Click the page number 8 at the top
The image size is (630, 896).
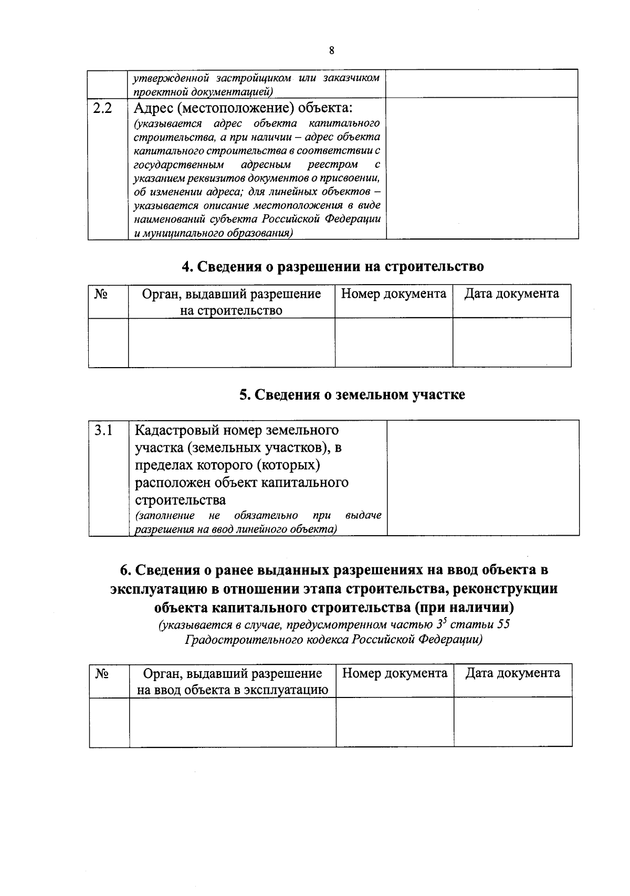pyautogui.click(x=331, y=51)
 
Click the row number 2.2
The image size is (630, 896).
pyautogui.click(x=102, y=109)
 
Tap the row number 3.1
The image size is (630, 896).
pyautogui.click(x=103, y=430)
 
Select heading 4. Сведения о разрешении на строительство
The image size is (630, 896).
pyautogui.click(x=332, y=266)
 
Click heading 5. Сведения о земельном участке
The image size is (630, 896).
pyautogui.click(x=352, y=394)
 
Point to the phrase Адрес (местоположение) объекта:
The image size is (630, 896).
pyautogui.click(x=243, y=108)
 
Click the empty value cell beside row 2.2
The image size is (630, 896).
pyautogui.click(x=482, y=168)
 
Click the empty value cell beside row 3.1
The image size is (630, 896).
pyautogui.click(x=483, y=477)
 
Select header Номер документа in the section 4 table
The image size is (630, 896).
pyautogui.click(x=394, y=294)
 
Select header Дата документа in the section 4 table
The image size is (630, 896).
pyautogui.click(x=511, y=294)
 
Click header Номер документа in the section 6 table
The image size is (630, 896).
pyautogui.click(x=395, y=673)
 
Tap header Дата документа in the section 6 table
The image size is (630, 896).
pyautogui.click(x=512, y=673)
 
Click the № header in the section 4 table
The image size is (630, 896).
pyautogui.click(x=101, y=294)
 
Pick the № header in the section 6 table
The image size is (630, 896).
pyautogui.click(x=102, y=674)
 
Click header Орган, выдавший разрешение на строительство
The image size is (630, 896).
pyautogui.click(x=232, y=302)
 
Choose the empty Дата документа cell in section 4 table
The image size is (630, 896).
pyautogui.click(x=512, y=342)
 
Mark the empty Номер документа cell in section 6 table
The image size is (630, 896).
pyautogui.click(x=395, y=722)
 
